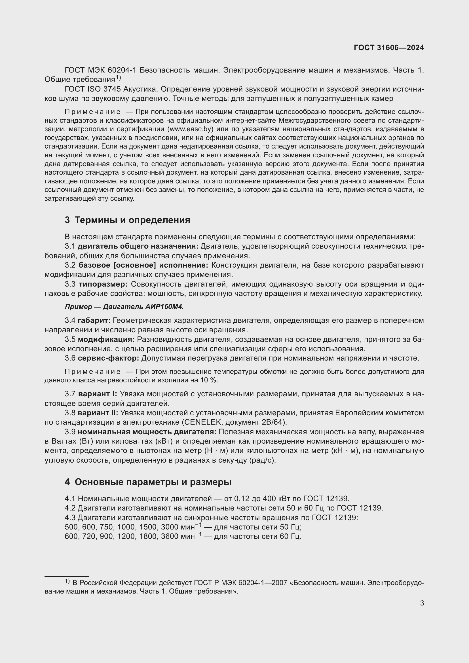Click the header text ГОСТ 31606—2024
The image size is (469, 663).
click(389, 48)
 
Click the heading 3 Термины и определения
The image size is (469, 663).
click(127, 220)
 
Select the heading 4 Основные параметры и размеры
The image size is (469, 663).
click(148, 482)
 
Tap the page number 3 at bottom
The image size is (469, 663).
click(422, 603)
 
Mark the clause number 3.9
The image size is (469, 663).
click(70, 432)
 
